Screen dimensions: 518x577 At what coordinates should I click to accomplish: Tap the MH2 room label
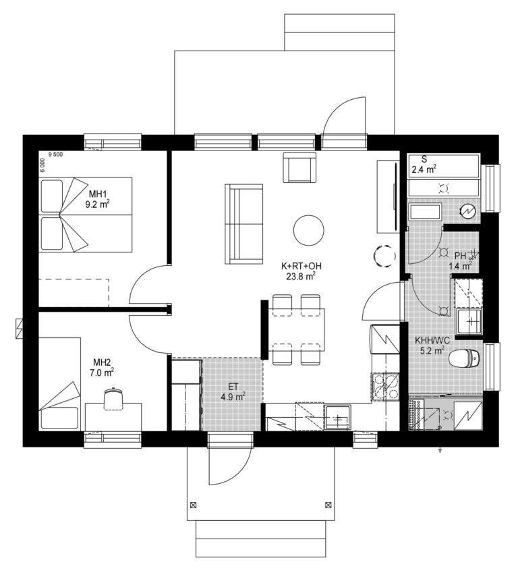pyautogui.click(x=102, y=362)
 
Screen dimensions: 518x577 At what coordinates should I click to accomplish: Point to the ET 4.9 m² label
pyautogui.click(x=233, y=391)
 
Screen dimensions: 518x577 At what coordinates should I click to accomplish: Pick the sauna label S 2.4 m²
pyautogui.click(x=424, y=165)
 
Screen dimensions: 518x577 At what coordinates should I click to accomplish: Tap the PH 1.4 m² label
pyautogui.click(x=460, y=260)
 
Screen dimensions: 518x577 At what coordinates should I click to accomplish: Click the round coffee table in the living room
pyautogui.click(x=309, y=230)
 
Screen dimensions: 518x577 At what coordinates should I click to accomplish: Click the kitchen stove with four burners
pyautogui.click(x=385, y=387)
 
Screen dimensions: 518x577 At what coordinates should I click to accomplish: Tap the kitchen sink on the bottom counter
pyautogui.click(x=337, y=417)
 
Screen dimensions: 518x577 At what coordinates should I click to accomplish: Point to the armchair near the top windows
pyautogui.click(x=299, y=167)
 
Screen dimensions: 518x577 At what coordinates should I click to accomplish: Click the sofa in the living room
pyautogui.click(x=244, y=224)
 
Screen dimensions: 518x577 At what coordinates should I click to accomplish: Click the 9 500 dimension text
pyautogui.click(x=55, y=155)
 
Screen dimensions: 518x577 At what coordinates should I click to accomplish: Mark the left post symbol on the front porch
pyautogui.click(x=193, y=505)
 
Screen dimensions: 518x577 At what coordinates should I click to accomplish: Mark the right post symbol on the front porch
pyautogui.click(x=328, y=505)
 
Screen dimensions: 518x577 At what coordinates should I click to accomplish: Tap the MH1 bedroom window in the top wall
pyautogui.click(x=113, y=142)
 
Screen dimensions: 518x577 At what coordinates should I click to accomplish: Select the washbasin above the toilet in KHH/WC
pyautogui.click(x=469, y=321)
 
